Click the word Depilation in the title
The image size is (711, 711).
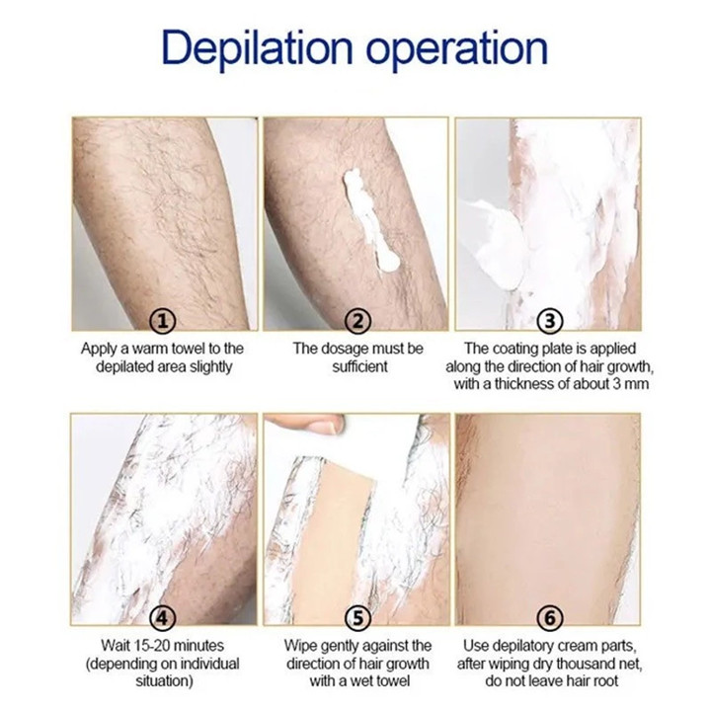click(257, 47)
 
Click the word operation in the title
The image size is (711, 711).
click(457, 49)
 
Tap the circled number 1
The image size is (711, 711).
click(162, 321)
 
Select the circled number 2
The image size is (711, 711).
click(357, 321)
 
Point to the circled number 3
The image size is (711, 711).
click(550, 321)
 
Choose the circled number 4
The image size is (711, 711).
click(162, 617)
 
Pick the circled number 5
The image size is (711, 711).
click(357, 617)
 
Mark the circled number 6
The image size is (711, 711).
click(550, 617)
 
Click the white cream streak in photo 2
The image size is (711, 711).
click(369, 221)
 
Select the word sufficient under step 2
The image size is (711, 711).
click(359, 366)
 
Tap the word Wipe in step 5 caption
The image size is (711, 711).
click(300, 645)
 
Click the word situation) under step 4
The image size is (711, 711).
click(164, 681)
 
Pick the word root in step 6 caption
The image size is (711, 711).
click(604, 681)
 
